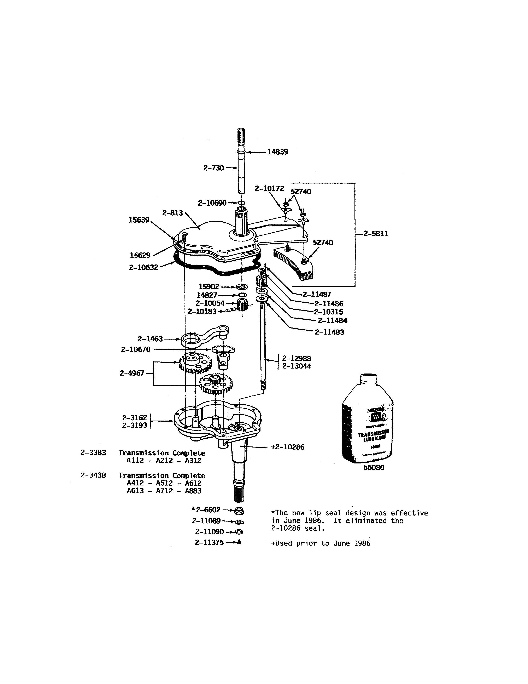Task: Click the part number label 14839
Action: (277, 152)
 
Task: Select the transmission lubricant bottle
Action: (368, 420)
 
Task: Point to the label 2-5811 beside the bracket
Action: (376, 234)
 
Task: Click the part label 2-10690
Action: (212, 203)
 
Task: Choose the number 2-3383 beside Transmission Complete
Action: (93, 453)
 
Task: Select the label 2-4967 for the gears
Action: (132, 373)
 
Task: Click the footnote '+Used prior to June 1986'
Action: (320, 543)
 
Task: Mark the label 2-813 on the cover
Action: (172, 213)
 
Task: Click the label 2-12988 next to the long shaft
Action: (297, 359)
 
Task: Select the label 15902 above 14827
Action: (209, 287)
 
